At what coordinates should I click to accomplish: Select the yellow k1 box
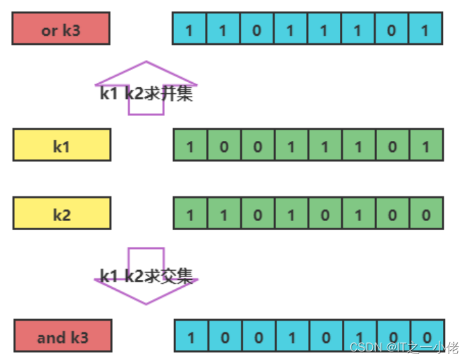tap(61, 145)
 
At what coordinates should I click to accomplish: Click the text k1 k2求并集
tap(146, 93)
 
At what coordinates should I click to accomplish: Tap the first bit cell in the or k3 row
tap(190, 29)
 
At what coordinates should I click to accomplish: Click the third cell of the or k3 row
tap(257, 29)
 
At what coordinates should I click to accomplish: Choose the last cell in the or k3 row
tap(426, 29)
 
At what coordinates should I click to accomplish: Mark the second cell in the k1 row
tap(224, 145)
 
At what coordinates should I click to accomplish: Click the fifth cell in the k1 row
tap(325, 145)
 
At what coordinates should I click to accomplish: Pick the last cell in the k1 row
tap(426, 145)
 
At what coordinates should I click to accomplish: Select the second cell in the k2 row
tap(224, 214)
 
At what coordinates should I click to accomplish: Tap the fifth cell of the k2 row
tap(325, 214)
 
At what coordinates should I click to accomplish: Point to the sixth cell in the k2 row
tap(358, 214)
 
